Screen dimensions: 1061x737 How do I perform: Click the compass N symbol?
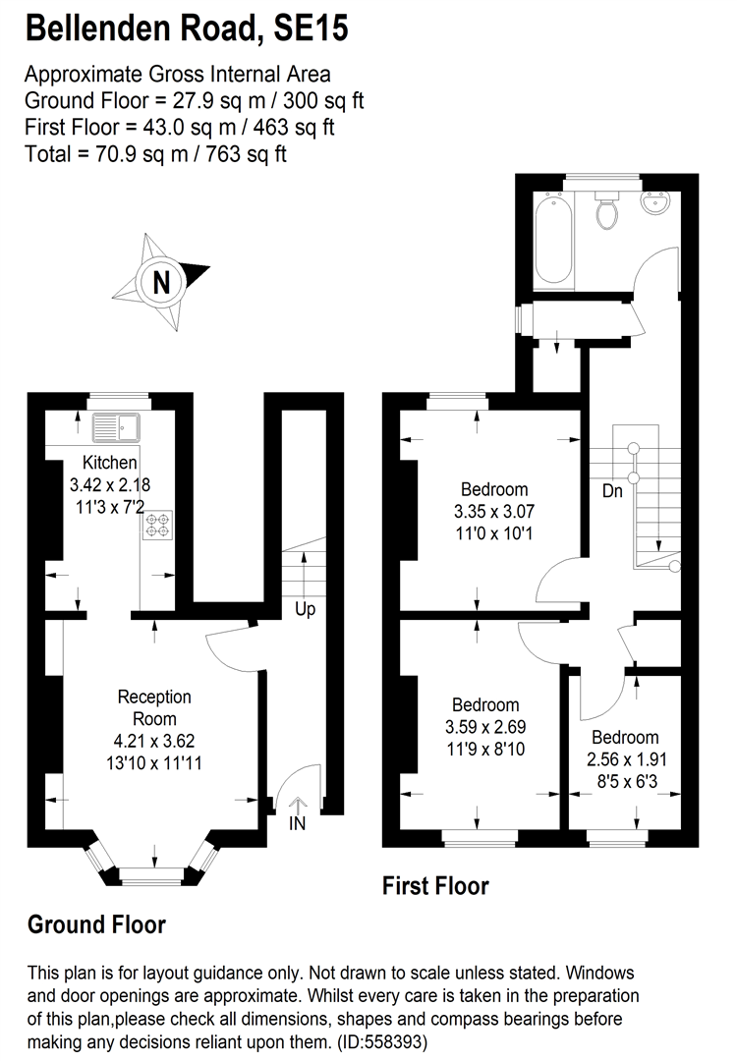(x=161, y=282)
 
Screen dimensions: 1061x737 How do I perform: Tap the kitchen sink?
(x=116, y=427)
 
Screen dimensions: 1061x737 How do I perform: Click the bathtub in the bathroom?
(x=557, y=239)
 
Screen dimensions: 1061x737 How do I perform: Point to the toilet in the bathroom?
(x=606, y=210)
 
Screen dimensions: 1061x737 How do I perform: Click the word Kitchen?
(x=109, y=464)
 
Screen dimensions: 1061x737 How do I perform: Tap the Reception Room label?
(x=154, y=707)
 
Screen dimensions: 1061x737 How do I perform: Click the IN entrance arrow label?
(x=297, y=823)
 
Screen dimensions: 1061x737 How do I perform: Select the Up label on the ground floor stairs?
(x=305, y=609)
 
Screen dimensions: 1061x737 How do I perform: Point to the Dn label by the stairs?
(x=612, y=491)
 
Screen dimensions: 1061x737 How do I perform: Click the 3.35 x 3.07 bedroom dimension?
(x=494, y=511)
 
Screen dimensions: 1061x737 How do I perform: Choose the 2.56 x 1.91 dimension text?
(x=625, y=758)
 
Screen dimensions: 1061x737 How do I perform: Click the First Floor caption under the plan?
(x=435, y=886)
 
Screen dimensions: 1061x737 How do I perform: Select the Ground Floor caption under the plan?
(x=96, y=924)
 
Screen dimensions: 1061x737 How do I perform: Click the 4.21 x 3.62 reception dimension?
(x=154, y=740)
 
